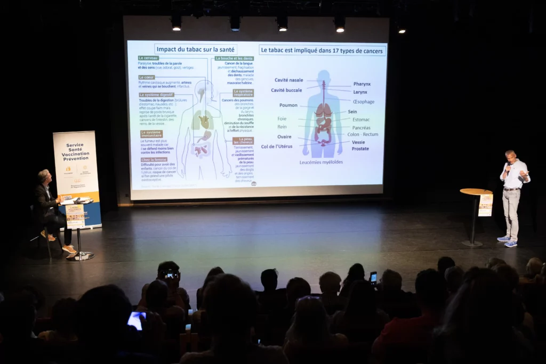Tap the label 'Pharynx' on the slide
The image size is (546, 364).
tap(362, 84)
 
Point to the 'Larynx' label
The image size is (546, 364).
tap(360, 92)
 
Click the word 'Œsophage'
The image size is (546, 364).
tap(363, 101)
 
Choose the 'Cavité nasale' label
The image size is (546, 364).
tap(288, 80)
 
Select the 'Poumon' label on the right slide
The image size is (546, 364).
tap(288, 105)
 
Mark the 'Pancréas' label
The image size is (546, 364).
tap(361, 127)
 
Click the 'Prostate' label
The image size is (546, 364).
tap(360, 149)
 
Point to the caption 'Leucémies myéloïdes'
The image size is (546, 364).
tap(321, 162)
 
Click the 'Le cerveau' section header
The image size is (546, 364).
tap(148, 58)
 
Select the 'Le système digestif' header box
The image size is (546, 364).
tap(156, 95)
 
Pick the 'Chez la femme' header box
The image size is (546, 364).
tap(154, 159)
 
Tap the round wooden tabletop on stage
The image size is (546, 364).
tap(476, 191)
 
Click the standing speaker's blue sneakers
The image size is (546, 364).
tap(507, 241)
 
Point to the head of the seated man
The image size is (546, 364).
tap(44, 176)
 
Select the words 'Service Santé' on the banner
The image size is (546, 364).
tap(75, 148)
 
